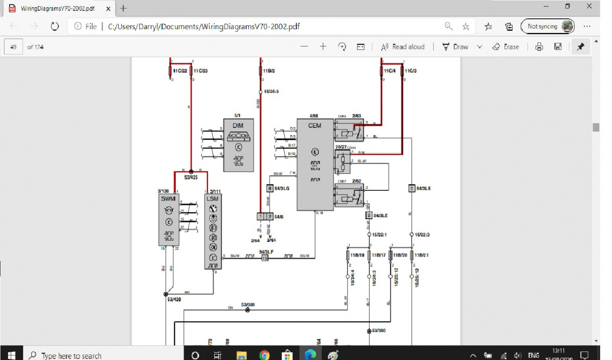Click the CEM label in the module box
(x=315, y=125)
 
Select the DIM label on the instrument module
(x=238, y=125)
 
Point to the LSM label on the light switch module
(x=213, y=198)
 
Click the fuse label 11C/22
(x=180, y=70)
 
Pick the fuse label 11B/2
(x=269, y=70)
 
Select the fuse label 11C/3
(x=411, y=70)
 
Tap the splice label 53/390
(x=379, y=330)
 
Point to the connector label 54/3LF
(x=266, y=252)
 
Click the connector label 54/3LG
(x=282, y=189)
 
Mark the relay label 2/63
(x=356, y=116)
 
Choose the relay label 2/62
(x=356, y=181)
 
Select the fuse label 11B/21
(x=423, y=255)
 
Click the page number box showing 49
(x=13, y=47)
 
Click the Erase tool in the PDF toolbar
(x=506, y=47)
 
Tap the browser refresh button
(x=55, y=27)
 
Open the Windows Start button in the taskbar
(x=12, y=355)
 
